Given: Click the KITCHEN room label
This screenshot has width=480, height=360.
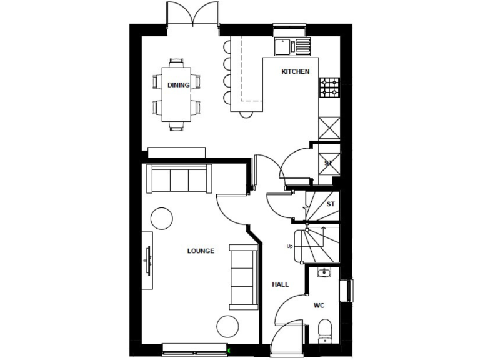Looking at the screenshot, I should tap(295, 72).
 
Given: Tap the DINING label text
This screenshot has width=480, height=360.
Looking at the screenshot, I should tap(178, 85).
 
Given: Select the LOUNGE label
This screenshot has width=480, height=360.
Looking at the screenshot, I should tap(201, 251).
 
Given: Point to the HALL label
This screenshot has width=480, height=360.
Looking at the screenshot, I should tap(281, 284).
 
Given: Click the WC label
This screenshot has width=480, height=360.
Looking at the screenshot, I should tap(319, 306).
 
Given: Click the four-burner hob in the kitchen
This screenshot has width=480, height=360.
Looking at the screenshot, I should tap(329, 87).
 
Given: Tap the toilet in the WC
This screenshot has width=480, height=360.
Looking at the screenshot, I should tap(324, 329).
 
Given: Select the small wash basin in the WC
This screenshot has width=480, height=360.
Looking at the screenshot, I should tap(323, 272).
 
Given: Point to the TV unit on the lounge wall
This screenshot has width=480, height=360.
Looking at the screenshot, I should tap(147, 260).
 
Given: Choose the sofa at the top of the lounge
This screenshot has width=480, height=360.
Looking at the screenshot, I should tap(179, 179).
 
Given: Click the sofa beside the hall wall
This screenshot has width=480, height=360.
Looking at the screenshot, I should tap(244, 276).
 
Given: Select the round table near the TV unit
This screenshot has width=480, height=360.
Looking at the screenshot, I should tap(162, 218).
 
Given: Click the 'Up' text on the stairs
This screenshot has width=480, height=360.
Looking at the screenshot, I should tap(289, 246).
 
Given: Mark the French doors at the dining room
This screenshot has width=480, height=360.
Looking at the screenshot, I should tap(193, 14).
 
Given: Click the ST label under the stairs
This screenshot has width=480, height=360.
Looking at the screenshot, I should tap(331, 204).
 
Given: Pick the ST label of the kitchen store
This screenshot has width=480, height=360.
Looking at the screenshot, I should tap(328, 164).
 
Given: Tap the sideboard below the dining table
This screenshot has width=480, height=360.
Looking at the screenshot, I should tap(177, 152).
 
